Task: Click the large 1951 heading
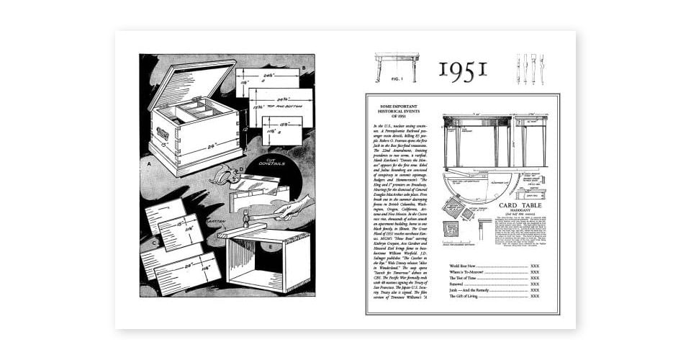coord(463,69)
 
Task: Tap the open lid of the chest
coord(188,84)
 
